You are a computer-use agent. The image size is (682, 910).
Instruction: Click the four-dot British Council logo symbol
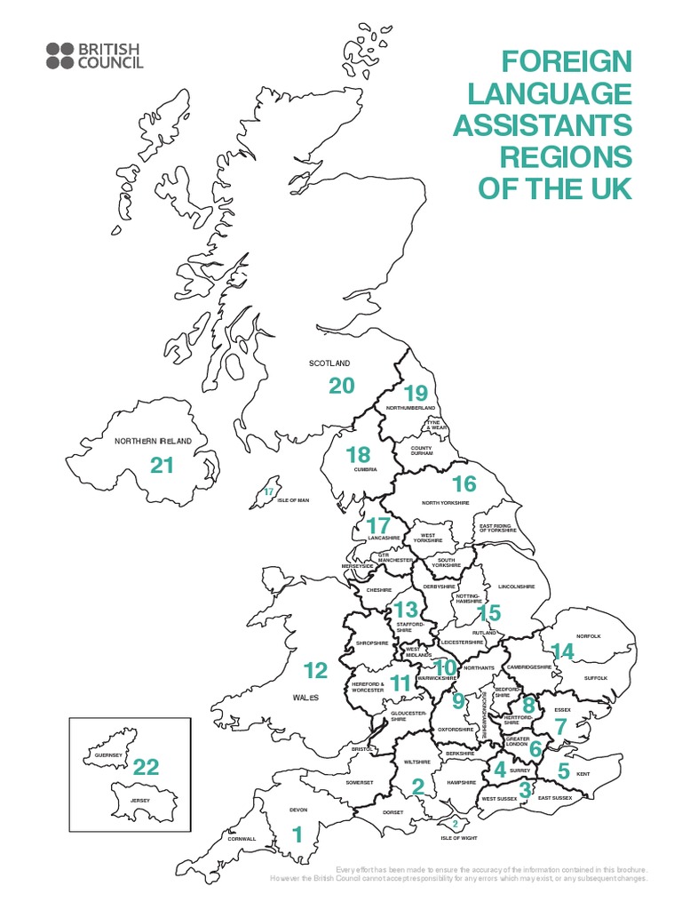(x=60, y=55)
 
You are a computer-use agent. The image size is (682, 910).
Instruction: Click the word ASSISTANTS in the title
(x=543, y=124)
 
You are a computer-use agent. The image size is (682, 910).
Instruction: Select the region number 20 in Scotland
(x=341, y=386)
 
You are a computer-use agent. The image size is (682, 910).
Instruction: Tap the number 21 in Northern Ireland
(x=161, y=465)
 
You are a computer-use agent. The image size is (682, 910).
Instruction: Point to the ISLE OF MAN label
(x=292, y=500)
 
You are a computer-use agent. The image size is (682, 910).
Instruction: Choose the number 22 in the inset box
(x=146, y=767)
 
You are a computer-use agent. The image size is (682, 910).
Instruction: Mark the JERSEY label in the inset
(x=140, y=801)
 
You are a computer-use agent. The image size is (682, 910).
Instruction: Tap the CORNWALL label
(x=241, y=838)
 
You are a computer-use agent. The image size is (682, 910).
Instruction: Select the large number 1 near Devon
(x=297, y=834)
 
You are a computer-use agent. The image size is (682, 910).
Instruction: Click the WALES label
(x=305, y=698)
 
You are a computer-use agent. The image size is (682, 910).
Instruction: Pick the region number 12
(x=315, y=670)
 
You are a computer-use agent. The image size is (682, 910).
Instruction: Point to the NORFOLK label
(x=588, y=636)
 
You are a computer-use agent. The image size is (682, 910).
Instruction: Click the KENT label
(x=583, y=774)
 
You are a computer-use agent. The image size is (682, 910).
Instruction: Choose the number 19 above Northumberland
(x=415, y=392)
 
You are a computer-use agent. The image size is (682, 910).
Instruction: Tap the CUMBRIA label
(x=365, y=469)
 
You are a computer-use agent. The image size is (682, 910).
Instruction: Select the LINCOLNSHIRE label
(x=517, y=587)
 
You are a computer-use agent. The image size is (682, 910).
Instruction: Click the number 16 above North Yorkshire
(x=464, y=484)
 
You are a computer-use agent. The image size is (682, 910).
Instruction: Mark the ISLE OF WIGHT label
(x=458, y=838)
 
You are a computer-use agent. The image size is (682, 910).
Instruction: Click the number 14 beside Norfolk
(x=562, y=651)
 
